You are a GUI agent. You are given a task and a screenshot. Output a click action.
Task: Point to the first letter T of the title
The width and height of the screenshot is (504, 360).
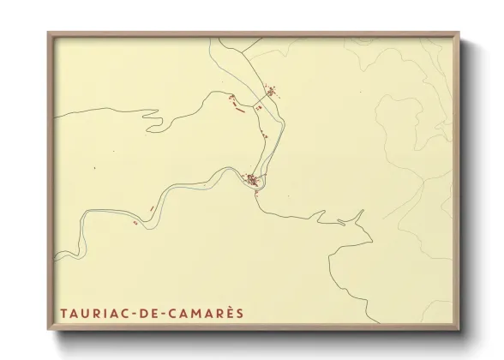63,313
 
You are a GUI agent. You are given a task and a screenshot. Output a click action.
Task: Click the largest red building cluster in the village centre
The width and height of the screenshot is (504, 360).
253,180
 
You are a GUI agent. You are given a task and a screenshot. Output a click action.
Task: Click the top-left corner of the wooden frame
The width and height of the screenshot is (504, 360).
49,33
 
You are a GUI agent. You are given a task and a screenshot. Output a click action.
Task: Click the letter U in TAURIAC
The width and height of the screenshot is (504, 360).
86,313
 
